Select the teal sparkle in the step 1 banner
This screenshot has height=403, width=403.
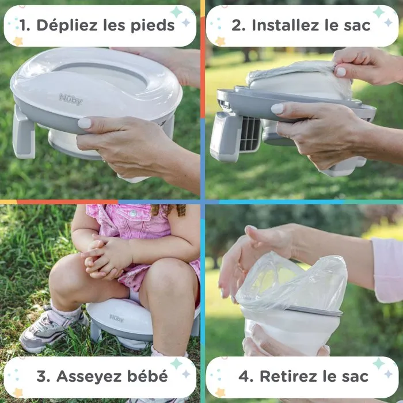click(x=176, y=12)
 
